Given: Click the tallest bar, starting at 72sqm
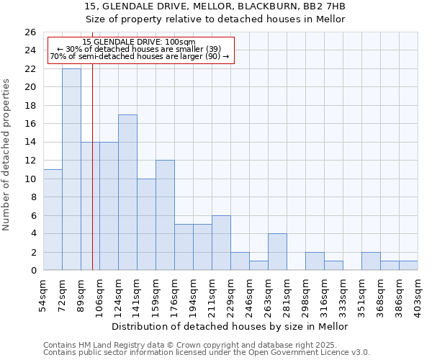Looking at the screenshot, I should (x=71, y=169).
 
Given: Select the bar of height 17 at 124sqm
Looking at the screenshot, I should (x=127, y=192).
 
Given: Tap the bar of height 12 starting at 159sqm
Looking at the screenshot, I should (x=165, y=215).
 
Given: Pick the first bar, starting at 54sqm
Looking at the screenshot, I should (x=53, y=220).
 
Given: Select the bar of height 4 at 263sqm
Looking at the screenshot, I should (x=277, y=252).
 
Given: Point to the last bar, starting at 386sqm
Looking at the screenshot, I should (x=408, y=266).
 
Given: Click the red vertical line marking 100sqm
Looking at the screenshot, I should (x=92, y=180).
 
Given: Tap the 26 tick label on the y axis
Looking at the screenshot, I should (x=30, y=32).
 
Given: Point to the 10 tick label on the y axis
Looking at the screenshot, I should (x=30, y=179).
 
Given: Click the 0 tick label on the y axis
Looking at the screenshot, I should (x=32, y=271).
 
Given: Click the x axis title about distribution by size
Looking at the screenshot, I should (x=230, y=326).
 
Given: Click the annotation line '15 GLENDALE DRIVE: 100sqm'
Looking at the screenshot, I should (x=138, y=42).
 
